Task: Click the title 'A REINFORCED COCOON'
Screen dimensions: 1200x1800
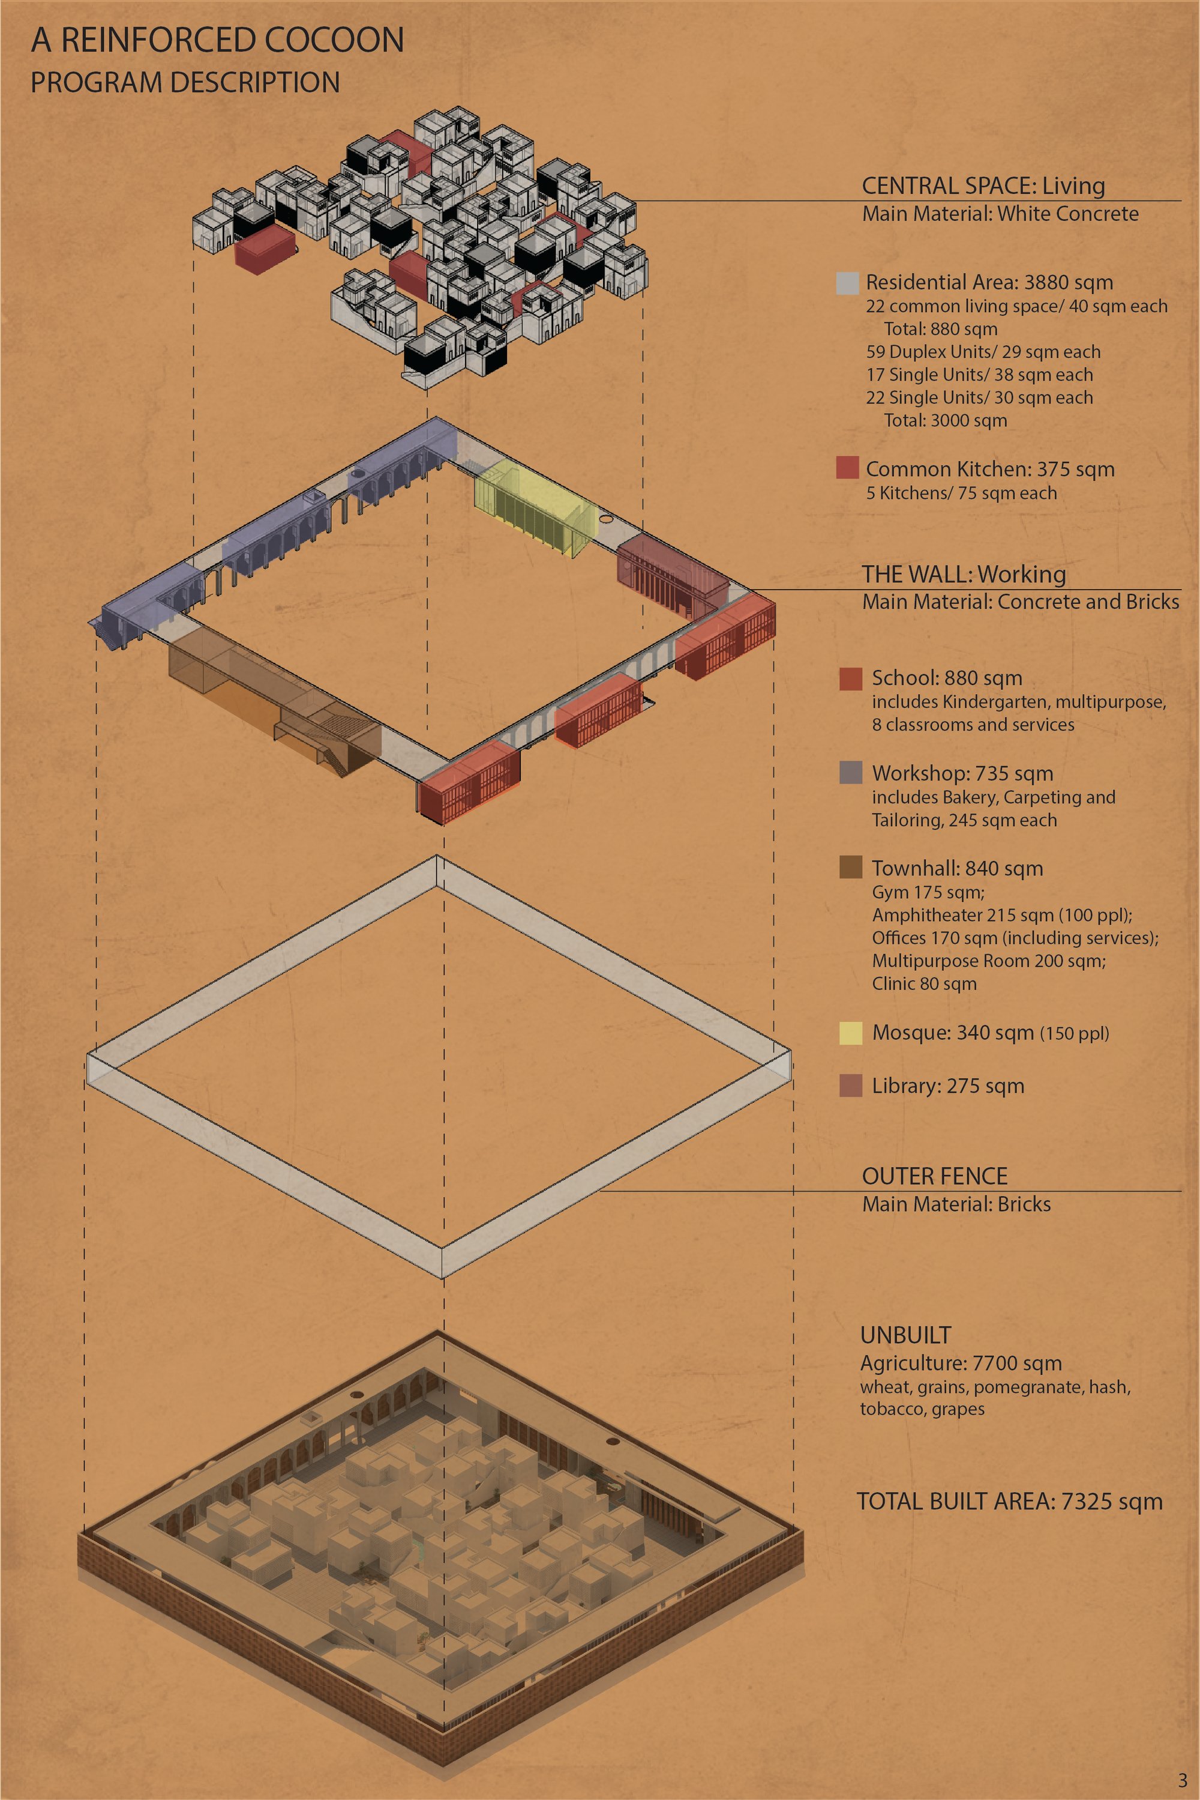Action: [x=217, y=40]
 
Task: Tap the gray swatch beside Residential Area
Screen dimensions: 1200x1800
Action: [x=847, y=283]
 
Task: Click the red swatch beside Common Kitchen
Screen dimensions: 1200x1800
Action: [x=847, y=468]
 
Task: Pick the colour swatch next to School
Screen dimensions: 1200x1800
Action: [x=851, y=678]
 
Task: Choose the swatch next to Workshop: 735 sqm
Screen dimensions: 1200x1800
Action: [x=851, y=773]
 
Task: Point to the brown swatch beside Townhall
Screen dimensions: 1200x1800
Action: [x=851, y=867]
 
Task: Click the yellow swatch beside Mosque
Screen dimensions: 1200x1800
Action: [x=851, y=1033]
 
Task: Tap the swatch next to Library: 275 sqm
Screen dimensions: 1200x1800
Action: [x=851, y=1086]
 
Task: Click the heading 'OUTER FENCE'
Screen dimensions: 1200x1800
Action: [x=934, y=1176]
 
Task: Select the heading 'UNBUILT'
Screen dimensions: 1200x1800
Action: [x=905, y=1335]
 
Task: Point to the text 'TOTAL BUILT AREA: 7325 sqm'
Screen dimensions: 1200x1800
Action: [x=1009, y=1502]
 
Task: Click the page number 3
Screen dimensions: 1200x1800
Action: [x=1183, y=1781]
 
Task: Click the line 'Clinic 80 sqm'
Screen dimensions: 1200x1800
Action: [x=925, y=984]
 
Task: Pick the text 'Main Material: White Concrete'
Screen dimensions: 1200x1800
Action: [x=1000, y=214]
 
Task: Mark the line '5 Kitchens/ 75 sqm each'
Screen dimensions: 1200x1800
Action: [x=961, y=493]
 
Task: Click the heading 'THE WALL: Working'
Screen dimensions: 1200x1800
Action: [x=964, y=574]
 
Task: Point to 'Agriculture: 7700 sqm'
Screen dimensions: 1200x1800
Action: [x=961, y=1364]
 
